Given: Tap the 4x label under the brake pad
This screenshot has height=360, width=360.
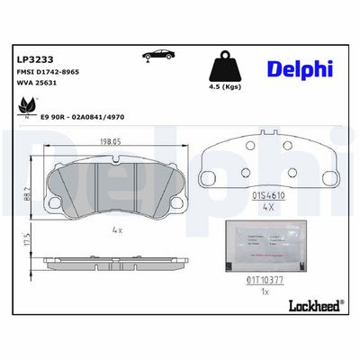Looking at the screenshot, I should click(x=118, y=231).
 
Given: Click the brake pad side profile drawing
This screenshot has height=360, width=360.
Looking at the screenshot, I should click(x=112, y=260).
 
